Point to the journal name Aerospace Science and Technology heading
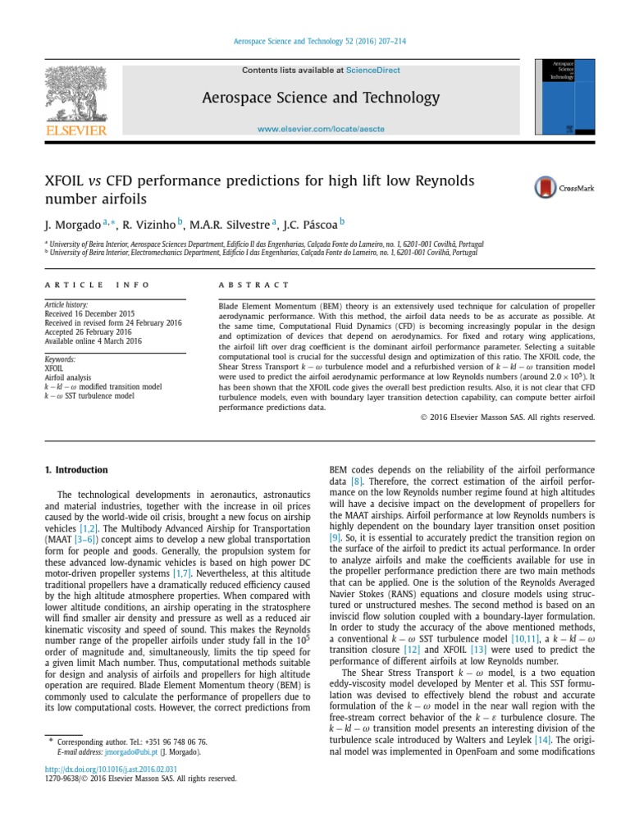[321, 98]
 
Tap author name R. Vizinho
[151, 223]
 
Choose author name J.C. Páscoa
[313, 223]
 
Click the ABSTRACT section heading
[253, 285]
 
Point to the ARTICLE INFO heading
[97, 285]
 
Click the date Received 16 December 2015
[89, 313]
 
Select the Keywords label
[60, 359]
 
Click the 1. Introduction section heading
[75, 470]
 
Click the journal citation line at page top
[314, 41]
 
